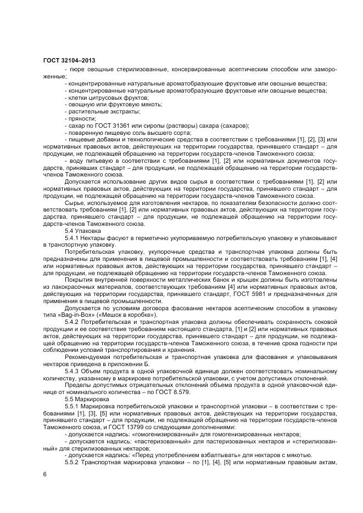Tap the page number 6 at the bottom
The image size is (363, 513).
pyautogui.click(x=44, y=474)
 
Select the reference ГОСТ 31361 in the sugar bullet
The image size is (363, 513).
pyautogui.click(x=104, y=125)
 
